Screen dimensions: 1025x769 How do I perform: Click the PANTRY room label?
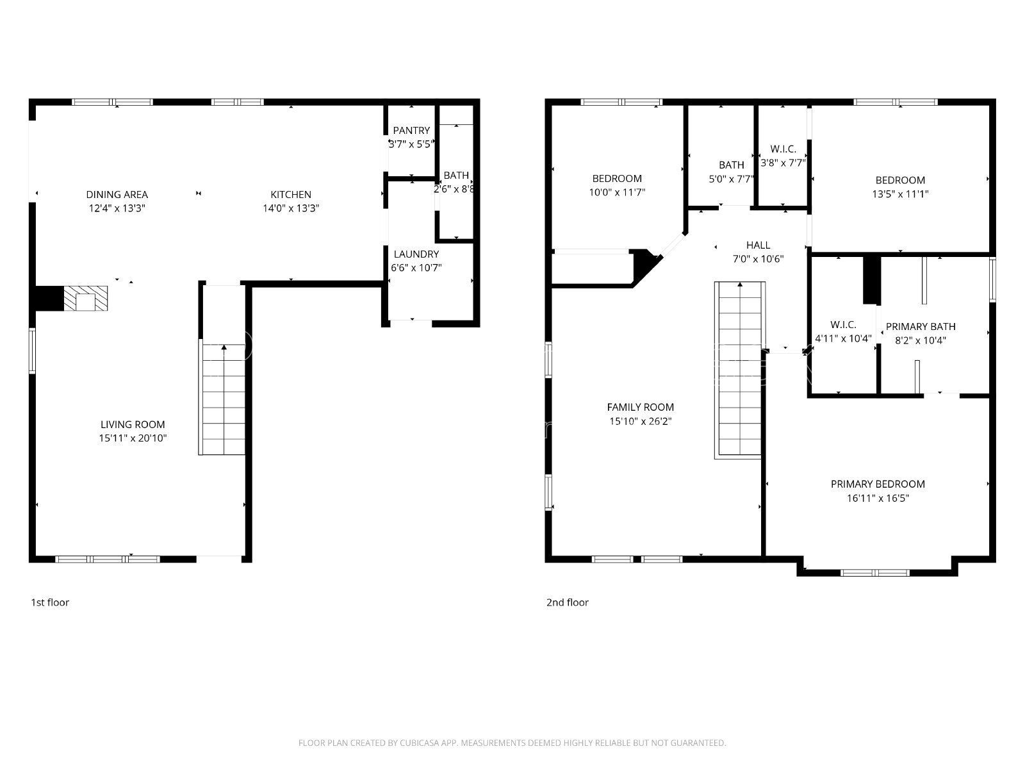pos(411,130)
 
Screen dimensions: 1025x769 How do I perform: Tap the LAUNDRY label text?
pos(416,254)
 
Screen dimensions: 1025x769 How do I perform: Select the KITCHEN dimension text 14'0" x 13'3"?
pos(290,208)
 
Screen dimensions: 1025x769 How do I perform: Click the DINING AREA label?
pos(117,194)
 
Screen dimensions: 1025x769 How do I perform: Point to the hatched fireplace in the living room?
pos(85,299)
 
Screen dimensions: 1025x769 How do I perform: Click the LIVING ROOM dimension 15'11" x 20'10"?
pos(133,438)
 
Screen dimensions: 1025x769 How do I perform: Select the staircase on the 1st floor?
pos(222,397)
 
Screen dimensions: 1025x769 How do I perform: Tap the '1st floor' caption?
pos(50,602)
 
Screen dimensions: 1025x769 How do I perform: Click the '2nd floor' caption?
pos(568,602)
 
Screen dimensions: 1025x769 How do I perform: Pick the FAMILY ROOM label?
pos(640,407)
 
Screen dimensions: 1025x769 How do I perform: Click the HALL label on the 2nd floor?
pos(758,245)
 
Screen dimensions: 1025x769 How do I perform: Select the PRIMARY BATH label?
pos(921,326)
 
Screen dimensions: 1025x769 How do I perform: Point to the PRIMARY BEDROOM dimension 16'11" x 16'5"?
pos(878,498)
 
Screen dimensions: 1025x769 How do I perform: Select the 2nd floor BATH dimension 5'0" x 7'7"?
pos(732,179)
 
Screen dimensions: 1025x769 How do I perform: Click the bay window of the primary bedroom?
pos(875,573)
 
